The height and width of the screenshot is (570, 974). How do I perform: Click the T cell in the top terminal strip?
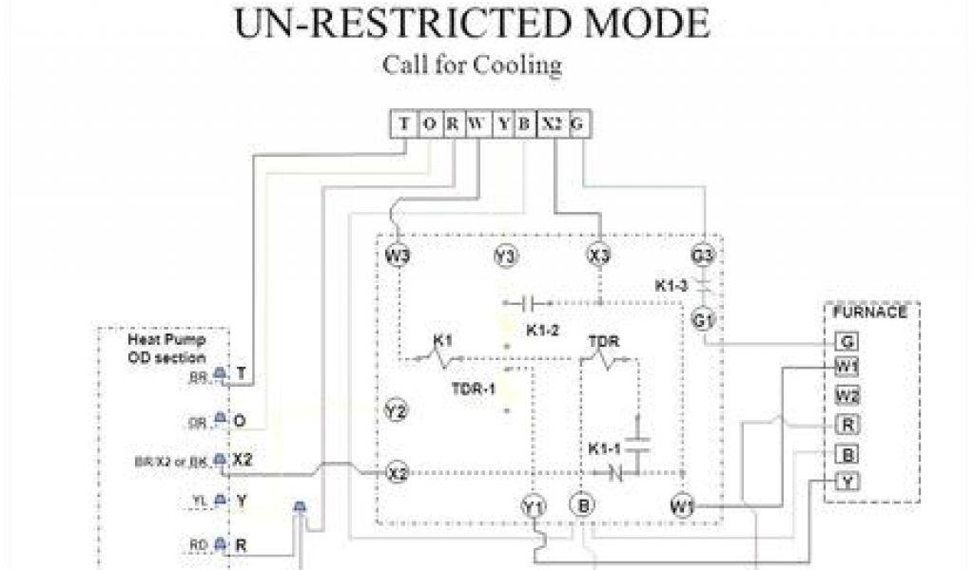pos(404,124)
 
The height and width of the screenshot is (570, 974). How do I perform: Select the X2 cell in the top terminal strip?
pos(553,124)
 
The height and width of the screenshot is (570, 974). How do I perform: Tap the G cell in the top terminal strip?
pos(577,124)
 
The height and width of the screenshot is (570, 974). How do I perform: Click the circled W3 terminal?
pos(398,256)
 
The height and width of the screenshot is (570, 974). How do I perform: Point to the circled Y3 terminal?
pos(505,256)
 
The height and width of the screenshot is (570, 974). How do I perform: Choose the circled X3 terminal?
pos(599,256)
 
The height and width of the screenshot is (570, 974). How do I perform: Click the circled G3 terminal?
pos(703,256)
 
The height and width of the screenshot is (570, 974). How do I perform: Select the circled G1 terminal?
pos(703,320)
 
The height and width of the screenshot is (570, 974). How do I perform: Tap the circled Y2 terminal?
pos(397,411)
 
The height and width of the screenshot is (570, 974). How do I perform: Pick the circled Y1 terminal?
pos(534,506)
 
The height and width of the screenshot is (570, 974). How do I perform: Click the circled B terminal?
pos(582,504)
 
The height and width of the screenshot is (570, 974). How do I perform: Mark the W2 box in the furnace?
pos(847,394)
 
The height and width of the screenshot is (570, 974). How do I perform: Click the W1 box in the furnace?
pos(847,367)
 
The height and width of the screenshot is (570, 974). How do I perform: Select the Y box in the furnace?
pos(847,481)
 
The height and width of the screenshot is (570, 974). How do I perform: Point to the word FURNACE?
pos(870,312)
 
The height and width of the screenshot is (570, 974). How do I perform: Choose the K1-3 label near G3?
pos(672,284)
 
